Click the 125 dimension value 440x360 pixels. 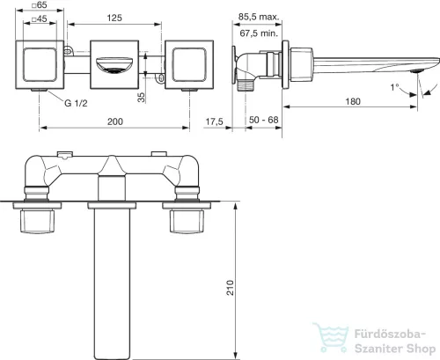pyautogui.click(x=114, y=18)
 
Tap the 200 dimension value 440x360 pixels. pyautogui.click(x=114, y=121)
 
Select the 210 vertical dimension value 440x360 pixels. pyautogui.click(x=231, y=288)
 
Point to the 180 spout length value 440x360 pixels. pyautogui.click(x=353, y=101)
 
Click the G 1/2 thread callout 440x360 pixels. pyautogui.click(x=76, y=103)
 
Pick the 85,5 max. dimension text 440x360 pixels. pyautogui.click(x=259, y=17)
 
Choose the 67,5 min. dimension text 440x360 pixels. pyautogui.click(x=259, y=33)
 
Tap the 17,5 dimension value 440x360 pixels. pyautogui.click(x=215, y=121)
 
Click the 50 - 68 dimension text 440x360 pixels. pyautogui.click(x=264, y=120)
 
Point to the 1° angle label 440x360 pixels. pyautogui.click(x=394, y=87)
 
